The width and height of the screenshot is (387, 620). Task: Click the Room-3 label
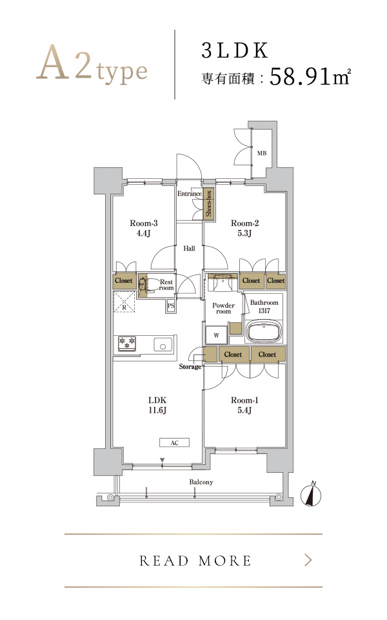pyautogui.click(x=143, y=223)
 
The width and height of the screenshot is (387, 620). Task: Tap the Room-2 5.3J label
pyautogui.click(x=245, y=228)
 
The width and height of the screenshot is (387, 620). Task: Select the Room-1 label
pyautogui.click(x=245, y=400)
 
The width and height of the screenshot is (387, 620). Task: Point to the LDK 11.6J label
pyautogui.click(x=157, y=406)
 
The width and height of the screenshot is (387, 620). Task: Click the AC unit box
pyautogui.click(x=175, y=443)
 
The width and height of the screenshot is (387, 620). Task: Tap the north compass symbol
pyautogui.click(x=311, y=494)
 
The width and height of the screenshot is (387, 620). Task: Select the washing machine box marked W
pyautogui.click(x=217, y=336)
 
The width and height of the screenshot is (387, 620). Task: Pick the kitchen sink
pyautogui.click(x=163, y=345)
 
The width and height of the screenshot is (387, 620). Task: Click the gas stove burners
pyautogui.click(x=127, y=343)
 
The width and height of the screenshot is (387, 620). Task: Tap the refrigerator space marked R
pyautogui.click(x=124, y=302)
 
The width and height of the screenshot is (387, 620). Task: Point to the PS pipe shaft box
pyautogui.click(x=170, y=305)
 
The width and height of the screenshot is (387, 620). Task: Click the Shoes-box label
pyautogui.click(x=208, y=203)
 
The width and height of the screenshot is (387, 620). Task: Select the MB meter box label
pyautogui.click(x=262, y=153)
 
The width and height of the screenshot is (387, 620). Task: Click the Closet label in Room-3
pyautogui.click(x=124, y=280)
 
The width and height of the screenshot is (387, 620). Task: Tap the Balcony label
pyautogui.click(x=201, y=482)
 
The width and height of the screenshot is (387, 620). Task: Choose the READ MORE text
pyautogui.click(x=195, y=561)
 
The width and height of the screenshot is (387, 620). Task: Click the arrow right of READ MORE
pyautogui.click(x=308, y=561)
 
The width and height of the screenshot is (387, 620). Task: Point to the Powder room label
pyautogui.click(x=224, y=309)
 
